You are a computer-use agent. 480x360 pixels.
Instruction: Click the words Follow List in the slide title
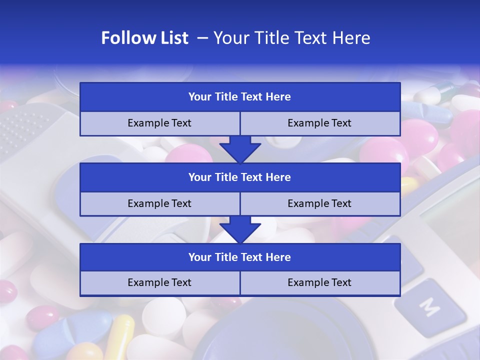coord(145,38)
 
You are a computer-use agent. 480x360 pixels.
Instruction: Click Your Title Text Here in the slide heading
coord(291,38)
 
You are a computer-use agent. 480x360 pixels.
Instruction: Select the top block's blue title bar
coord(240,97)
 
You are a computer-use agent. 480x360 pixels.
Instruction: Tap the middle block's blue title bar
coord(240,177)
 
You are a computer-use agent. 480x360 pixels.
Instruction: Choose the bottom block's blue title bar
coord(240,257)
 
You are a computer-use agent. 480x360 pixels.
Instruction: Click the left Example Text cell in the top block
coord(160,123)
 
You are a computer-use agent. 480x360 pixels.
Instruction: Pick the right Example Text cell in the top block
coord(320,123)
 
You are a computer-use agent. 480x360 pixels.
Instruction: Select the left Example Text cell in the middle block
coord(160,204)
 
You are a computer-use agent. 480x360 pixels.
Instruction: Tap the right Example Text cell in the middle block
coord(320,204)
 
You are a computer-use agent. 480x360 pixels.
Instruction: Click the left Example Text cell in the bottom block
coord(160,283)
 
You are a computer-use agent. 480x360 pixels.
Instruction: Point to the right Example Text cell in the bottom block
coord(320,283)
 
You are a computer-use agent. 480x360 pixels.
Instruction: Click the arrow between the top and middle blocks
coord(240,149)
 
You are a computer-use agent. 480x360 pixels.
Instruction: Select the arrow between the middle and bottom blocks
coord(240,229)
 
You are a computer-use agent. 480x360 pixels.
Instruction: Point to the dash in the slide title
coord(203,38)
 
